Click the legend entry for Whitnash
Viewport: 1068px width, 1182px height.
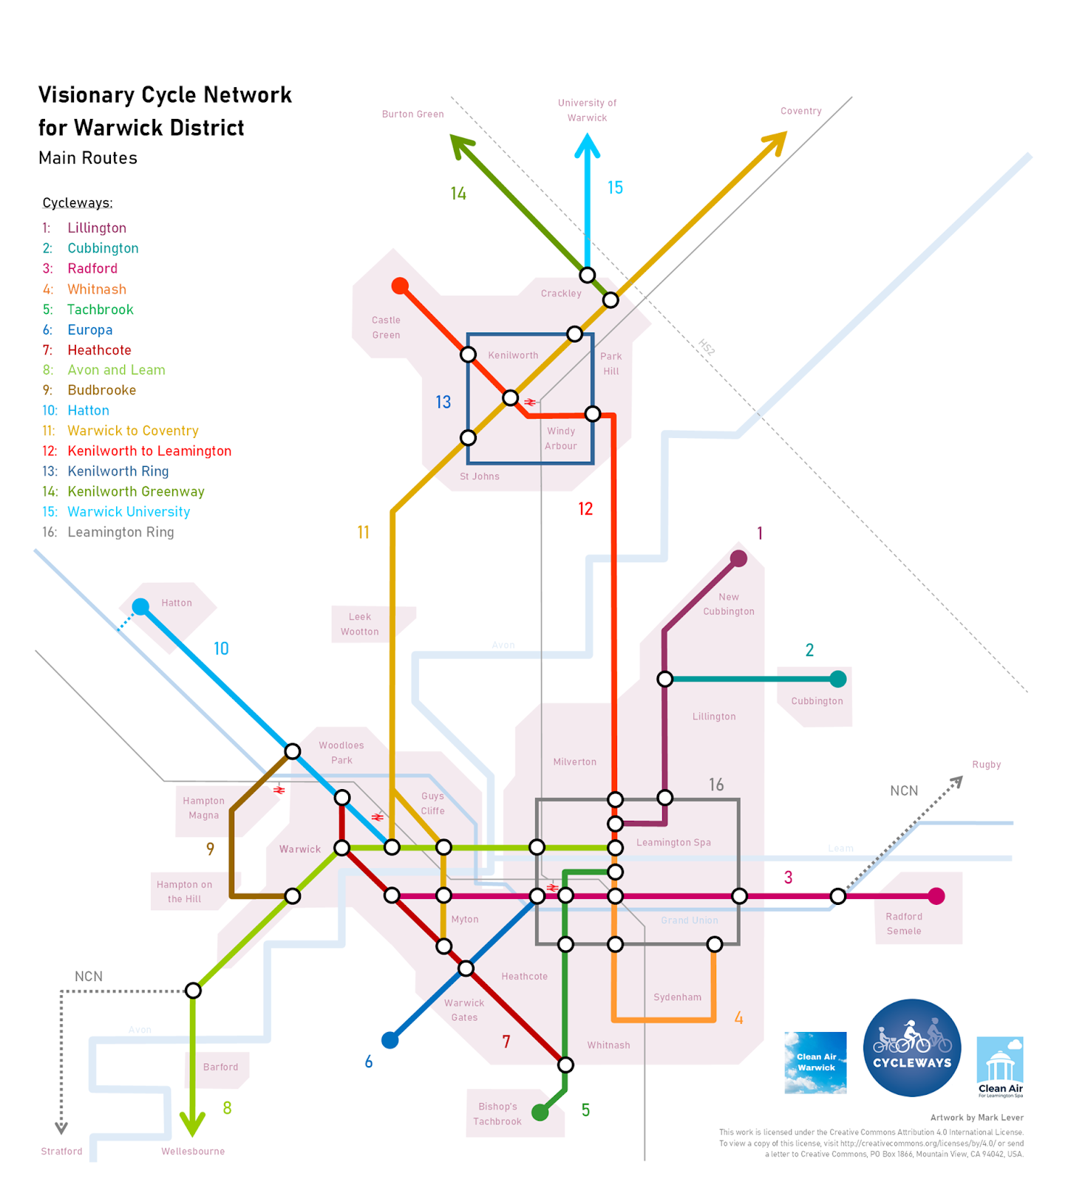[97, 290]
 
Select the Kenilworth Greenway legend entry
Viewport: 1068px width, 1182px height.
[136, 492]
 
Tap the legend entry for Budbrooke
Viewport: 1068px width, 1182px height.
[102, 390]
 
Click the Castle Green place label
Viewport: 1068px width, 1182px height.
[386, 327]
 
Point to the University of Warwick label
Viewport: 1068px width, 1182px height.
[587, 110]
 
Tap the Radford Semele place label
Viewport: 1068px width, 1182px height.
[904, 923]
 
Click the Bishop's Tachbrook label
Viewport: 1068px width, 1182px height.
[497, 1114]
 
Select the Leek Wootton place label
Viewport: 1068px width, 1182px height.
[360, 624]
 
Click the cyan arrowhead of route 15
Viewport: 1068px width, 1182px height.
[588, 144]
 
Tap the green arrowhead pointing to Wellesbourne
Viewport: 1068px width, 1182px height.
[193, 1124]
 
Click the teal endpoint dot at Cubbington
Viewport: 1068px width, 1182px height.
[837, 679]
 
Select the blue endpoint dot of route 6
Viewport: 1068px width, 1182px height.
[390, 1040]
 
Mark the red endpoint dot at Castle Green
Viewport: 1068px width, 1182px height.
[400, 286]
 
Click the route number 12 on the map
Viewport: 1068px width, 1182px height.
[585, 509]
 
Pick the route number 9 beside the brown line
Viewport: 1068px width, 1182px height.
[211, 850]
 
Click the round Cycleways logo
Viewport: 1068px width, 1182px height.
[912, 1048]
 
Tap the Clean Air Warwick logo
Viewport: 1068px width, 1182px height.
[815, 1062]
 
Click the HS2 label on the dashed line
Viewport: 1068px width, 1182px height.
[707, 347]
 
